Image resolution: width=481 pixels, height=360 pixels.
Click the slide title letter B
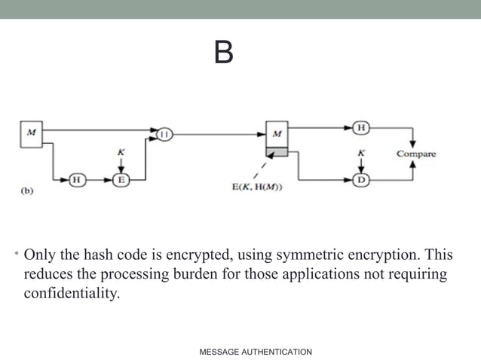point(223,53)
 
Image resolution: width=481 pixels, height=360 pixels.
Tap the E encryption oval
point(121,180)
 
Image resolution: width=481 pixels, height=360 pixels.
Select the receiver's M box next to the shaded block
point(277,133)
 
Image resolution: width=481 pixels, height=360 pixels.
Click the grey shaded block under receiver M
point(277,152)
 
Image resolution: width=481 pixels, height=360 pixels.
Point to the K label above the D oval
point(362,153)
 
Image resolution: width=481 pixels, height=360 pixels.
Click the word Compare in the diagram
point(416,154)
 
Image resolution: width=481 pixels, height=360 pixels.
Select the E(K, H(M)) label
point(256,188)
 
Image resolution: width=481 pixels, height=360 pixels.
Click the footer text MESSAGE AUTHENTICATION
point(256,352)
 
